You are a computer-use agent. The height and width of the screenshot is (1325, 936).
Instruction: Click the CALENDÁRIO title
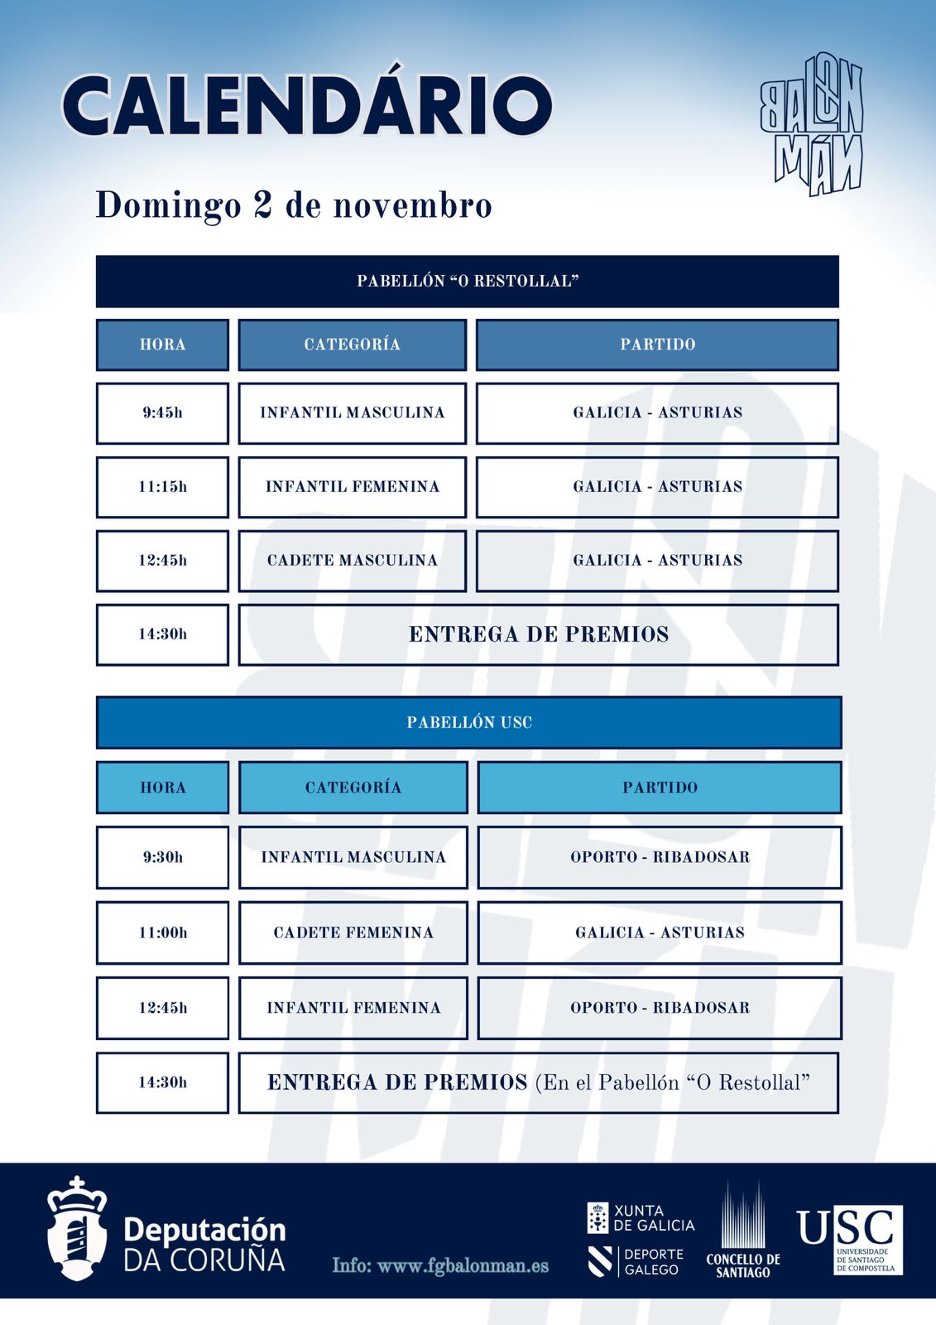pyautogui.click(x=306, y=105)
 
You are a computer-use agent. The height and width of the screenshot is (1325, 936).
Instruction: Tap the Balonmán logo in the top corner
pyautogui.click(x=811, y=124)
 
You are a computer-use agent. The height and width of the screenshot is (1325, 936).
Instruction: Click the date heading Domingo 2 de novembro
pyautogui.click(x=294, y=205)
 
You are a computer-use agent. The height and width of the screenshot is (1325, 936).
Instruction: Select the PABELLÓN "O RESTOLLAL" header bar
pyautogui.click(x=468, y=282)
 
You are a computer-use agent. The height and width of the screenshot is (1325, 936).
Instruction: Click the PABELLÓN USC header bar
pyautogui.click(x=468, y=722)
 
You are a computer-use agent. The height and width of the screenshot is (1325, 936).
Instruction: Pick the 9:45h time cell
pyautogui.click(x=162, y=412)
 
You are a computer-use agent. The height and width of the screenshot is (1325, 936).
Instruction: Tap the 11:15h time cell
pyautogui.click(x=162, y=487)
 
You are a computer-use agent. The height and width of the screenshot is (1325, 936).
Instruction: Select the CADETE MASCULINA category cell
pyautogui.click(x=353, y=561)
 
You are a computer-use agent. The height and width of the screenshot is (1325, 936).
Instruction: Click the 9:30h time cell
pyautogui.click(x=162, y=857)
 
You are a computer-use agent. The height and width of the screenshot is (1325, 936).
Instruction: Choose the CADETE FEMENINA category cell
pyautogui.click(x=353, y=932)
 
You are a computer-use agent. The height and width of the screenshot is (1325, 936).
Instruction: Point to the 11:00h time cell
pyautogui.click(x=162, y=932)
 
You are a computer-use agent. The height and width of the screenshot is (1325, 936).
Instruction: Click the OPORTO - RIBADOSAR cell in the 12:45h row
pyautogui.click(x=660, y=1008)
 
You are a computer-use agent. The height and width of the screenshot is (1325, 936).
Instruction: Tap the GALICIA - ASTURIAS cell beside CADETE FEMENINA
pyautogui.click(x=660, y=932)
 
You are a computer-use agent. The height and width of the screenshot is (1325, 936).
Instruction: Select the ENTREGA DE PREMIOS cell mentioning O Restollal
pyautogui.click(x=539, y=1082)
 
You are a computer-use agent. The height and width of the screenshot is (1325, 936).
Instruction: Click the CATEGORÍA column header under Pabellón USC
pyautogui.click(x=353, y=788)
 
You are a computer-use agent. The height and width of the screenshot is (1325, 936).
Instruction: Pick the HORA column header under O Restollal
pyautogui.click(x=162, y=344)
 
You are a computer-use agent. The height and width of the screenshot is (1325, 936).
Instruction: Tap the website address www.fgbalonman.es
pyautogui.click(x=440, y=1265)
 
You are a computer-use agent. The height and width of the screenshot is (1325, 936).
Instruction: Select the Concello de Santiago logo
pyautogui.click(x=743, y=1231)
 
